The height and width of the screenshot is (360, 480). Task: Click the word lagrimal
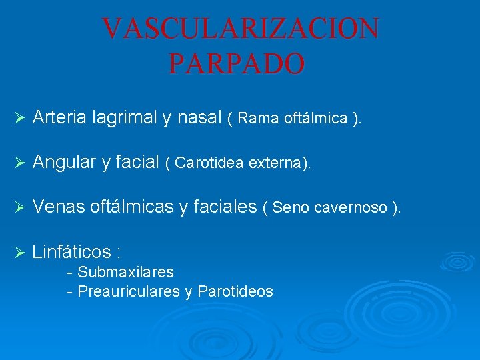pos(125,118)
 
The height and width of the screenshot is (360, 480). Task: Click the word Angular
pos(62,162)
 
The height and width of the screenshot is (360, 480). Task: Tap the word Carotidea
pos(210,163)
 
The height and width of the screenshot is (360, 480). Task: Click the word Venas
pos(57,207)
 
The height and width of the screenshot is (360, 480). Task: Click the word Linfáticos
pos(71,251)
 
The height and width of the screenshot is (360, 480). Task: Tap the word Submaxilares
pos(125,272)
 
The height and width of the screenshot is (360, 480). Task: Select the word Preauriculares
pos(129,291)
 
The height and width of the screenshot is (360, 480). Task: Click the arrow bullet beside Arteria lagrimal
pos(19,119)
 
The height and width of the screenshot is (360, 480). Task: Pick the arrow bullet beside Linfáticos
pos(19,252)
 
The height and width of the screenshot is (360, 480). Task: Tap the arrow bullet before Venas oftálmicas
pos(19,208)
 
